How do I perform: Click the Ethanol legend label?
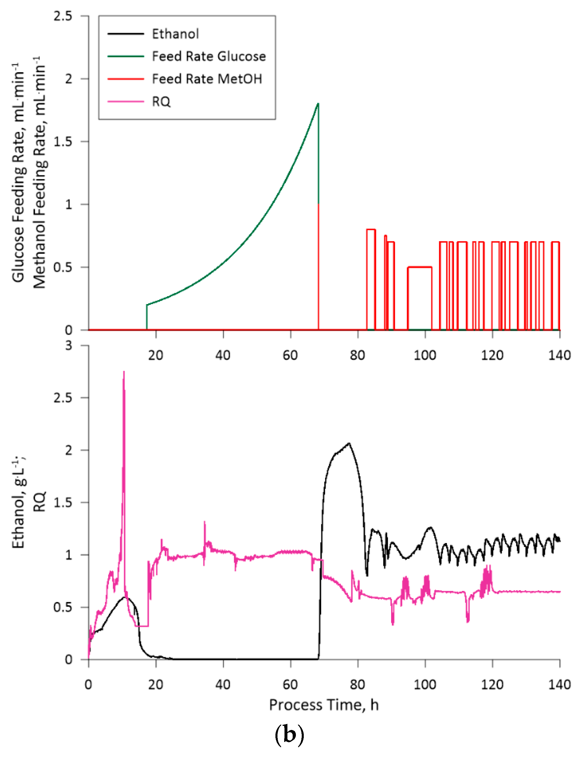175,34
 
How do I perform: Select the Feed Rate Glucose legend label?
209,56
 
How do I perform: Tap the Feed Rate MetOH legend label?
207,79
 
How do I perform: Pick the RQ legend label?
161,101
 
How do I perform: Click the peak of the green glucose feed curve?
318,104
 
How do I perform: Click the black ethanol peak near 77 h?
349,444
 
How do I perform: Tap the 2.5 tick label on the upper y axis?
63,16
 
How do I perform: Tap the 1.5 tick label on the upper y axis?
63,142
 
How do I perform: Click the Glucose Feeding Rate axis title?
18,173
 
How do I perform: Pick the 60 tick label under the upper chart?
290,355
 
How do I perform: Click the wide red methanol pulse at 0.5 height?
419,267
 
